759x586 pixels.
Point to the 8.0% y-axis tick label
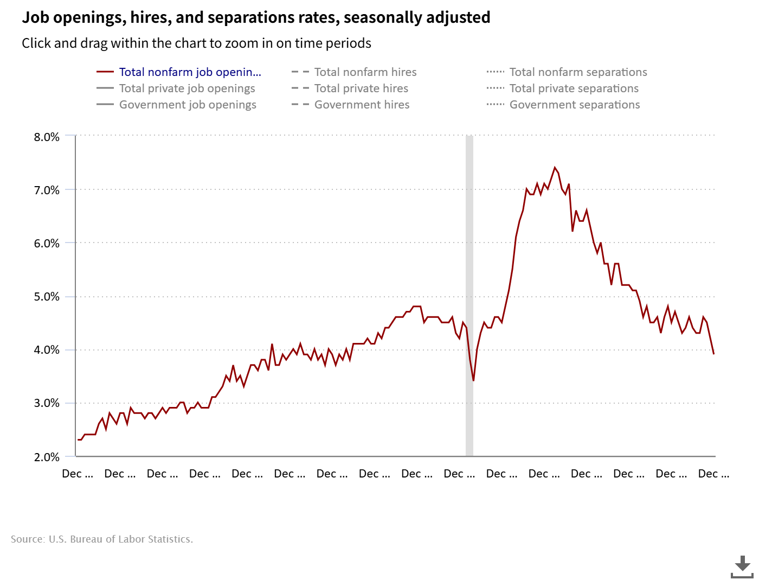click(x=47, y=137)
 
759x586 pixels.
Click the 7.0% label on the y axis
click(x=47, y=190)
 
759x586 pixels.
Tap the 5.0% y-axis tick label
click(x=47, y=297)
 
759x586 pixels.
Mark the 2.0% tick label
click(x=47, y=457)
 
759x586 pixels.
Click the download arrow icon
click(x=742, y=566)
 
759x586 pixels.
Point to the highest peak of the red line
click(x=554, y=168)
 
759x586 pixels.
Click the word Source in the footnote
click(x=27, y=539)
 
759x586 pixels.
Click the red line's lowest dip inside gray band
click(x=473, y=380)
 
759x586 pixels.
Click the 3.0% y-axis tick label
click(x=47, y=403)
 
